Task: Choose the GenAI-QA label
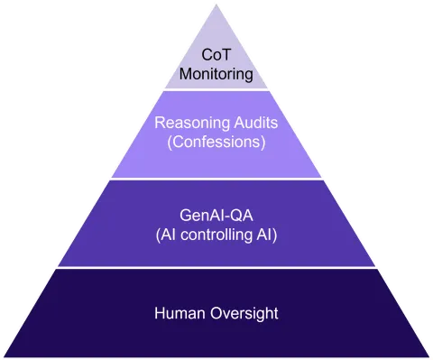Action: [x=216, y=215]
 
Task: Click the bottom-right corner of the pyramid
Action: [x=428, y=356]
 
